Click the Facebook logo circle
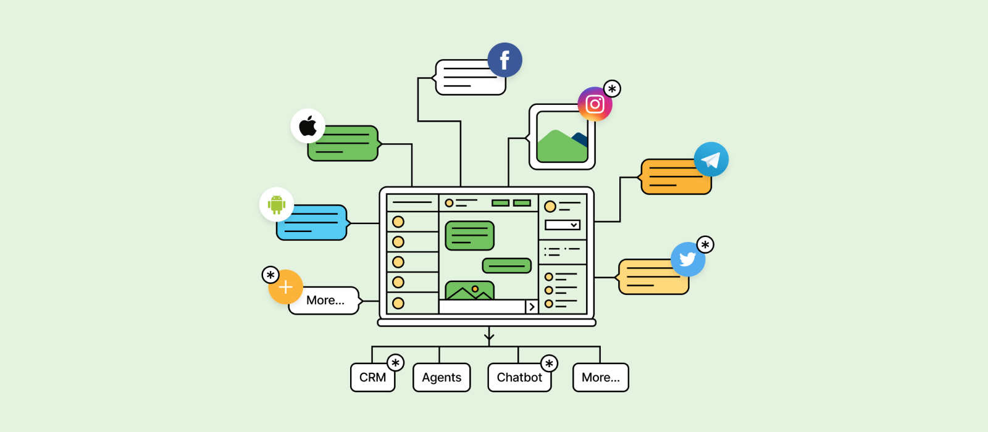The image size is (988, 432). click(504, 60)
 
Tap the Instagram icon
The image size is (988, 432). click(595, 104)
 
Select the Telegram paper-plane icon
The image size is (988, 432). click(711, 159)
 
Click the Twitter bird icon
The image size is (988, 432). click(687, 259)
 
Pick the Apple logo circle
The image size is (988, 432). click(308, 126)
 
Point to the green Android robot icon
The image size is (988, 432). click(277, 204)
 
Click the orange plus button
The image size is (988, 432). click(285, 287)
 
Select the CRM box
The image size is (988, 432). click(372, 378)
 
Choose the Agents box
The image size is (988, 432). click(442, 378)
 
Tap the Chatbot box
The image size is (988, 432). click(519, 378)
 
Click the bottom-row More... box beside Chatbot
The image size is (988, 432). click(600, 378)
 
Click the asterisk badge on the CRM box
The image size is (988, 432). click(395, 363)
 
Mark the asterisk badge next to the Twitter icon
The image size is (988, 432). click(705, 245)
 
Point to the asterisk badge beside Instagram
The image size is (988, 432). click(612, 89)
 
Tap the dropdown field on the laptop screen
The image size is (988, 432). click(562, 225)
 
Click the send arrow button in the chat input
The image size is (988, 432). click(531, 307)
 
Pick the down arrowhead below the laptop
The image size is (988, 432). click(489, 338)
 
